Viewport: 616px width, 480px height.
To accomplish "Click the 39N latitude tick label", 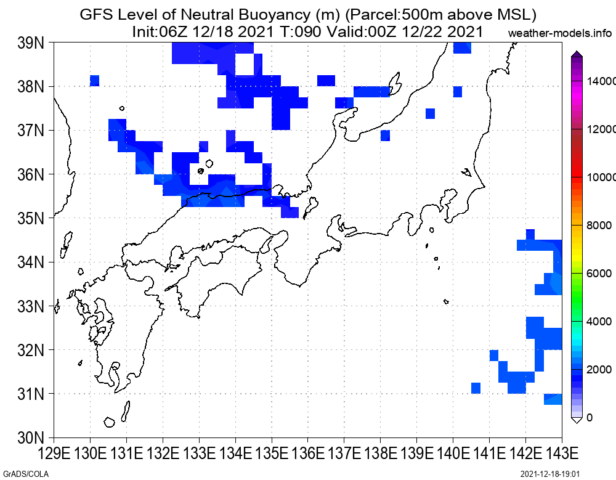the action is point(31,43).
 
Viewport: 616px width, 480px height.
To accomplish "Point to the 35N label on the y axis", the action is point(31,218).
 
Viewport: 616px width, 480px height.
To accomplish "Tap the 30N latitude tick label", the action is point(31,437).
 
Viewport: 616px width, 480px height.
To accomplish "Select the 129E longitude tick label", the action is point(54,454).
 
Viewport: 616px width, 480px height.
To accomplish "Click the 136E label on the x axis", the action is point(308,454).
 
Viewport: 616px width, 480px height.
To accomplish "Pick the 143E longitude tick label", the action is point(562,454).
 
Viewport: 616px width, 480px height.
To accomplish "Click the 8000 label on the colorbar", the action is point(599,226).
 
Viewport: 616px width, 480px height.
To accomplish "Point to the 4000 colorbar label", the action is point(599,321).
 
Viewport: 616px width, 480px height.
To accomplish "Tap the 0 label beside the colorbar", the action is point(590,418).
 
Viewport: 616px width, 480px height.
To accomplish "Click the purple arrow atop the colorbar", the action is point(577,54).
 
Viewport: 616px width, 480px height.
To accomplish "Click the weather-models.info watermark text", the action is point(560,33).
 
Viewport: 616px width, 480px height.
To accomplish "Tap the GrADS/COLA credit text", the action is point(25,474).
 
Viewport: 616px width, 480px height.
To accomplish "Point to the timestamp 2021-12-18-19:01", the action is point(550,474).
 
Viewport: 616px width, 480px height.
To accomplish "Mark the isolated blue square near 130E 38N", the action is point(95,81).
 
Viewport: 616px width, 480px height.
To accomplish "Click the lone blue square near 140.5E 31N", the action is point(476,388).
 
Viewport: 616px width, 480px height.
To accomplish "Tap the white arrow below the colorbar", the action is point(577,421).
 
